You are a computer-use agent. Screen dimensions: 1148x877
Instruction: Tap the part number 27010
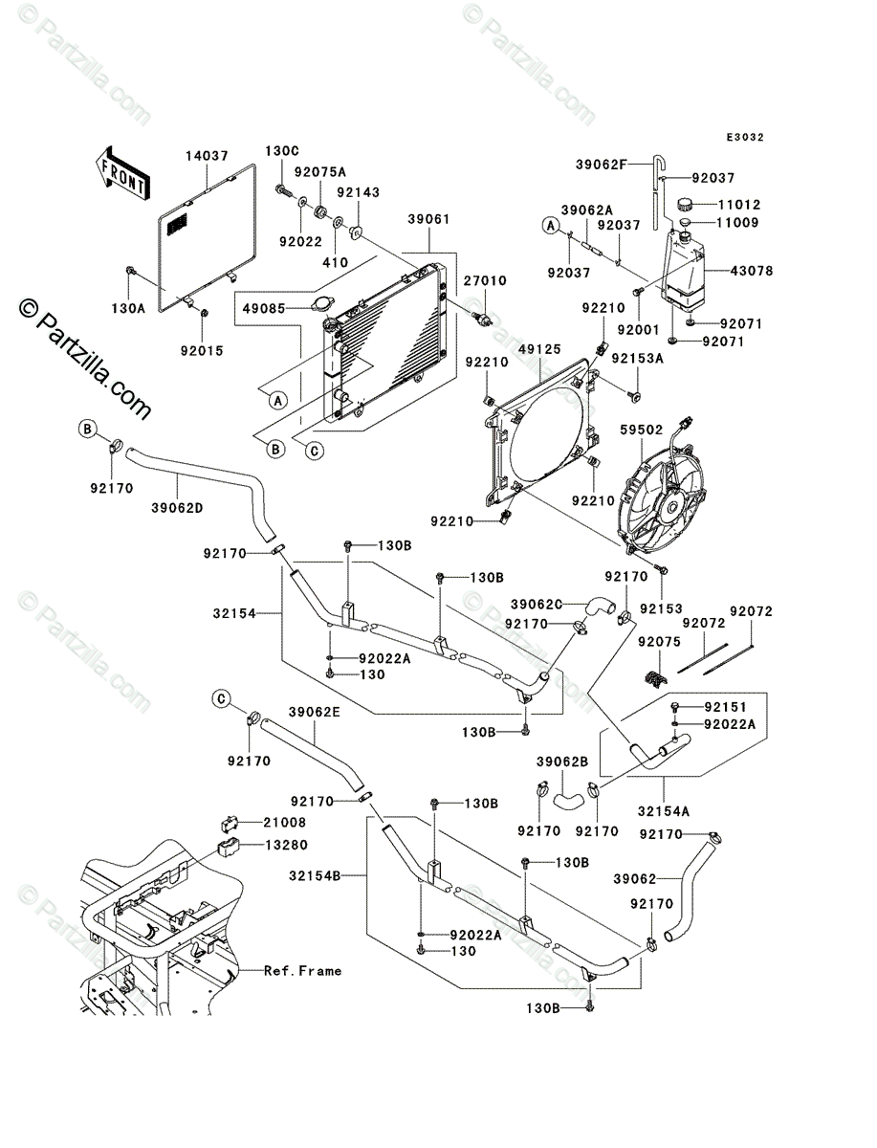click(486, 281)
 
